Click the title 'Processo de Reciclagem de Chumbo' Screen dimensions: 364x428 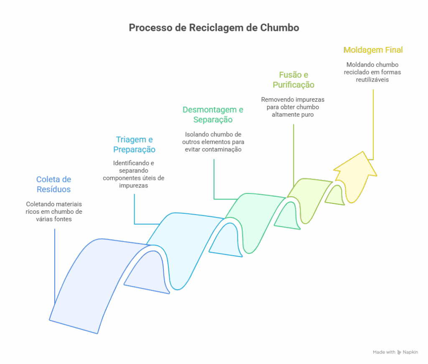214,28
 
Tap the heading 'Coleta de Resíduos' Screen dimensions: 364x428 53,184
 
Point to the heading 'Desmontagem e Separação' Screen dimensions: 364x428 213,115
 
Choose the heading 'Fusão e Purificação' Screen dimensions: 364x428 293,79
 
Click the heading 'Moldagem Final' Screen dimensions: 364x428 373,50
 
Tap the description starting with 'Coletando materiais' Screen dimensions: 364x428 54,211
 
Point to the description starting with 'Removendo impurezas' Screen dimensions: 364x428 293,107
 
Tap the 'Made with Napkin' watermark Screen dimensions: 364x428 395,352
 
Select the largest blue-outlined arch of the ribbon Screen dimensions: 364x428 96,280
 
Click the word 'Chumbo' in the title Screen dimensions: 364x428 279,28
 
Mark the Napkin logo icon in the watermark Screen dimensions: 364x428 399,352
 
